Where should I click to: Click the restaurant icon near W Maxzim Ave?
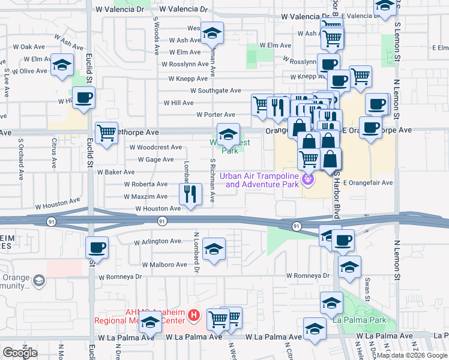click(x=190, y=193)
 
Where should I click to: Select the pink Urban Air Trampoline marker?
click(x=309, y=178)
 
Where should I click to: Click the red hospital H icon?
click(x=193, y=314)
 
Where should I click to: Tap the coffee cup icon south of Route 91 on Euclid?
click(x=96, y=246)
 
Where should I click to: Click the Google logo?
click(x=20, y=353)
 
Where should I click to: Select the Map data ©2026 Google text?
click(x=411, y=355)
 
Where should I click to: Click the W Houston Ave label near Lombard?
click(x=158, y=209)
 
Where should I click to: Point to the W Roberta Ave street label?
click(x=146, y=184)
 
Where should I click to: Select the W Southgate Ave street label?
click(x=215, y=91)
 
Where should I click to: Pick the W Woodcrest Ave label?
click(x=155, y=147)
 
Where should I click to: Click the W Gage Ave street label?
click(x=155, y=160)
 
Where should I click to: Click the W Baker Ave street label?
click(x=116, y=172)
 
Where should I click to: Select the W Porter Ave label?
click(x=215, y=115)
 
